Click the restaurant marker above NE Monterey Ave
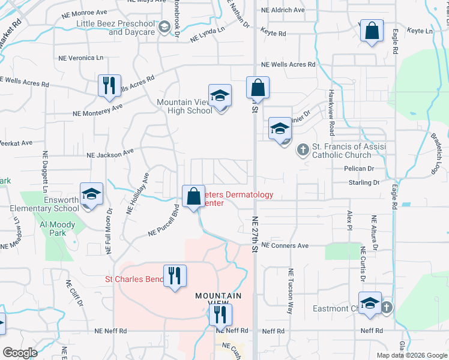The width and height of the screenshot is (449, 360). pyautogui.click(x=109, y=85)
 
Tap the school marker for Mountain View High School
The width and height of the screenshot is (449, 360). pyautogui.click(x=220, y=95)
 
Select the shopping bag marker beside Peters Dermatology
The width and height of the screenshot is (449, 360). pyautogui.click(x=193, y=196)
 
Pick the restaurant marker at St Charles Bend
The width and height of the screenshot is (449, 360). pyautogui.click(x=175, y=276)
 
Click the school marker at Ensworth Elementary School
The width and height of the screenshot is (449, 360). pyautogui.click(x=91, y=194)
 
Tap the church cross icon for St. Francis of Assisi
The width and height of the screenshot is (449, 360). pyautogui.click(x=304, y=149)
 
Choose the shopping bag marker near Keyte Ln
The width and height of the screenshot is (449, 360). pyautogui.click(x=372, y=31)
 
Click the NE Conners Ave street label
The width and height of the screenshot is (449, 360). pyautogui.click(x=285, y=246)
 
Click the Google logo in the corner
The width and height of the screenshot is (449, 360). pyautogui.click(x=20, y=353)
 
